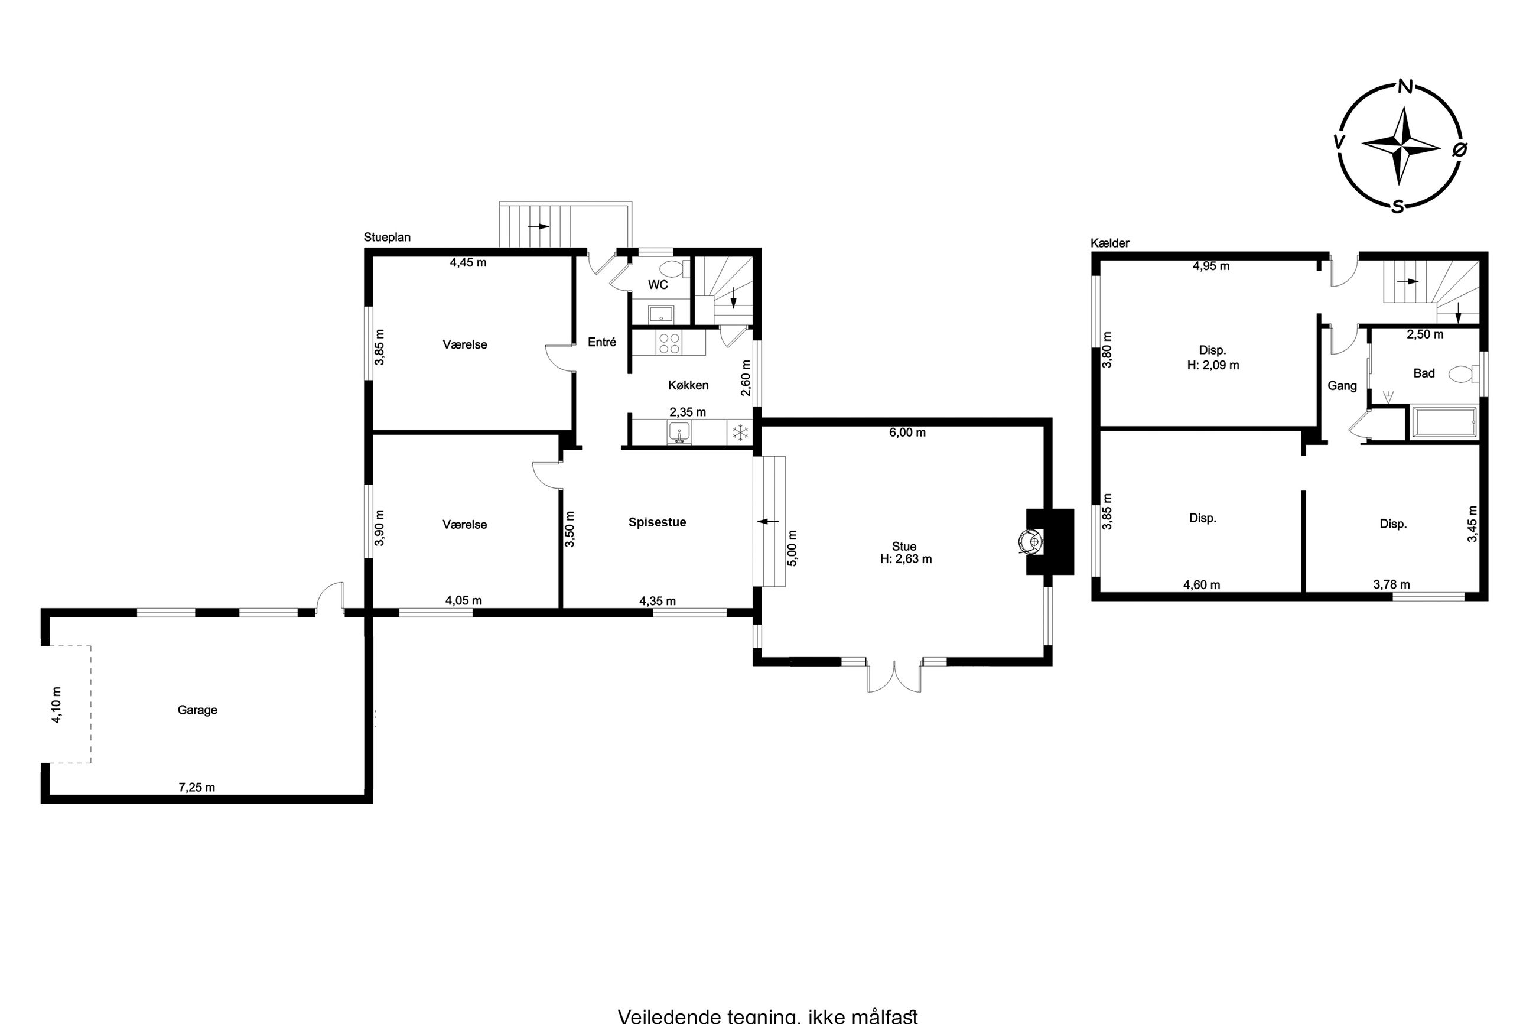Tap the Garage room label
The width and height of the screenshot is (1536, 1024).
(x=197, y=710)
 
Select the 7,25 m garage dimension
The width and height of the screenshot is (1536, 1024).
(x=197, y=787)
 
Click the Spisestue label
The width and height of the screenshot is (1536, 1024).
(x=658, y=522)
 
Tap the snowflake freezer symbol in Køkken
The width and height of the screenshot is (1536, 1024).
(x=740, y=432)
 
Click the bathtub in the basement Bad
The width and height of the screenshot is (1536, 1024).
(x=1442, y=422)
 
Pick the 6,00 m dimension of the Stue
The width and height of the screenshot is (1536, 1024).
(x=907, y=433)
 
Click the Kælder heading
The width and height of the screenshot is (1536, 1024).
(x=1109, y=243)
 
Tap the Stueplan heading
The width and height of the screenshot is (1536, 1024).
(x=387, y=237)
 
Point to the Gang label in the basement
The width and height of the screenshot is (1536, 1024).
(x=1342, y=386)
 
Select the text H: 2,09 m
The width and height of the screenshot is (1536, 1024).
(x=1213, y=365)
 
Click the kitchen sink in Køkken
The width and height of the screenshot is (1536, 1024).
(x=679, y=433)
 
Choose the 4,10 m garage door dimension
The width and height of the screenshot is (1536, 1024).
(x=57, y=705)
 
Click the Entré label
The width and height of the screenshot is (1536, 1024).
(x=602, y=342)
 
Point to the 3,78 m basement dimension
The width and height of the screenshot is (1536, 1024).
(x=1391, y=584)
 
